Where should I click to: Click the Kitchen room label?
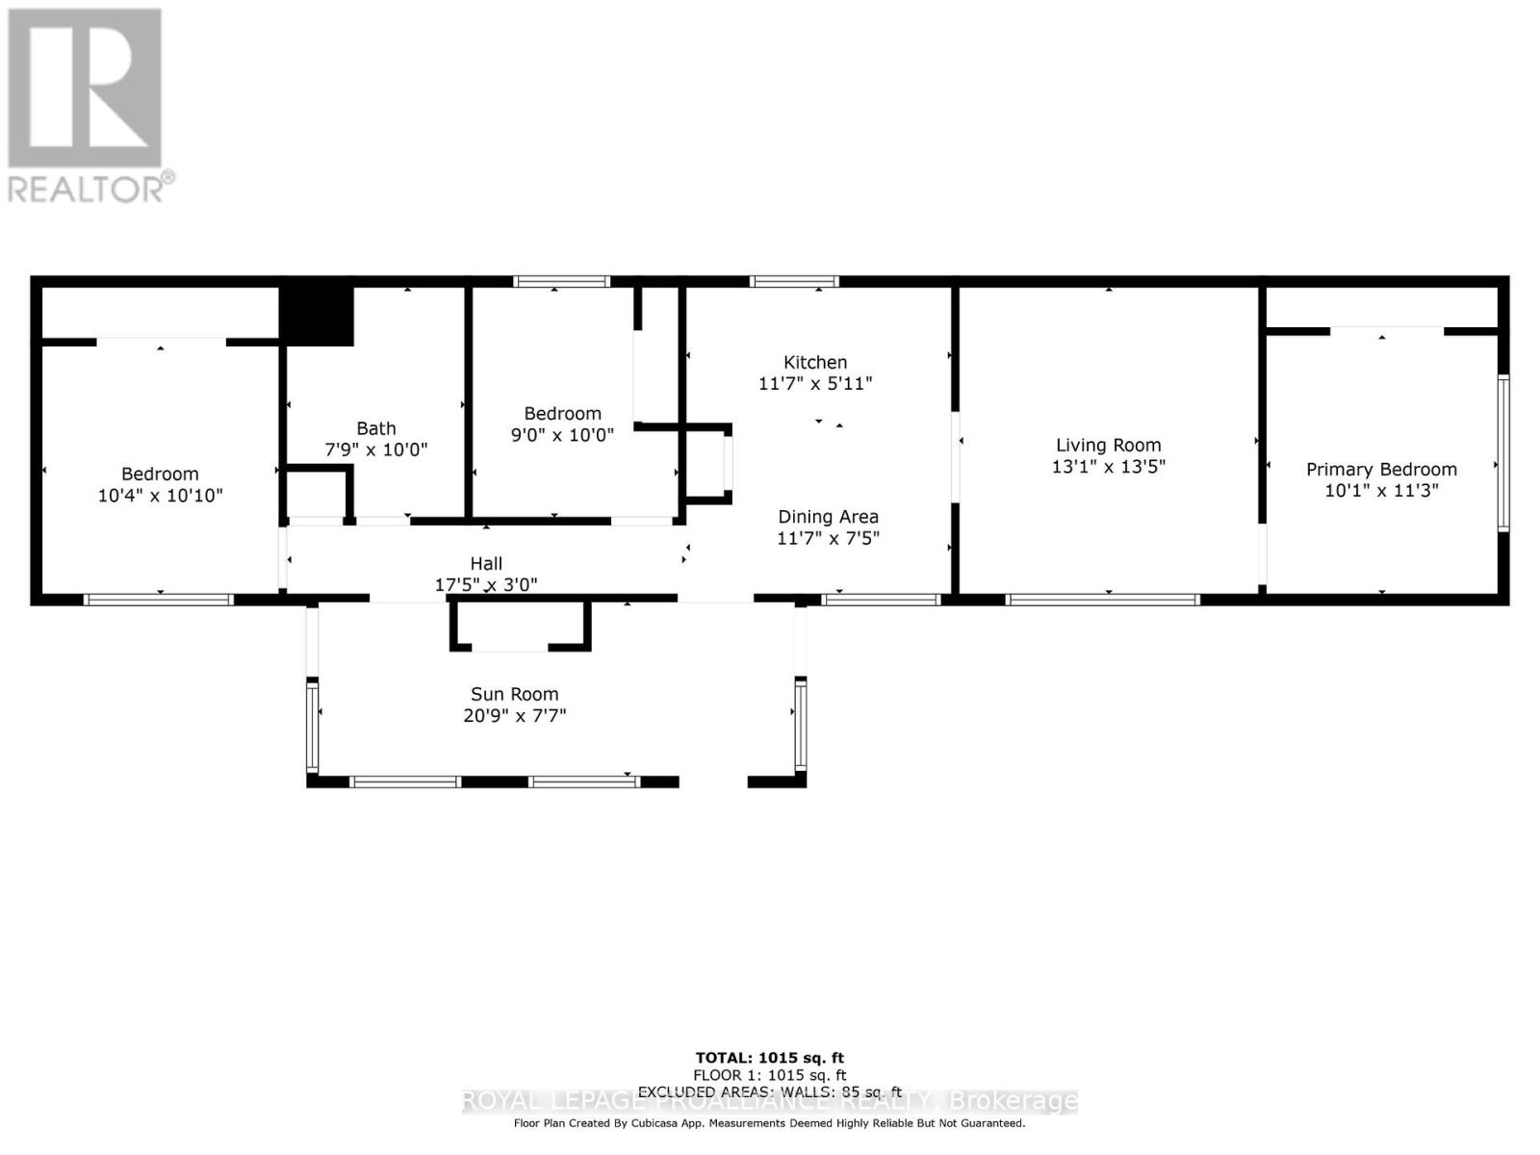coord(815,362)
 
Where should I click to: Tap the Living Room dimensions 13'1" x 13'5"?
coord(1108,467)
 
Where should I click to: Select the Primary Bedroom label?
coord(1381,469)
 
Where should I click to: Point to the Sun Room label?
coord(514,694)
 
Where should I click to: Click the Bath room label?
coord(375,428)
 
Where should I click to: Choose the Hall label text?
coord(486,563)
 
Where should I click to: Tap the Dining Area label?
coord(828,517)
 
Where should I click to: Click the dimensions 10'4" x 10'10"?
coord(160,496)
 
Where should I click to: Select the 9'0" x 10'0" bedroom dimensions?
coord(562,435)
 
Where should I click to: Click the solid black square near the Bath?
coord(317,315)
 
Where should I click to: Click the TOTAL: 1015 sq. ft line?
coord(769,1058)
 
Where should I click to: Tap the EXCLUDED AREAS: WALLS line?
coord(769,1092)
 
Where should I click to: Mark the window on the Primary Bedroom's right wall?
coord(1502,452)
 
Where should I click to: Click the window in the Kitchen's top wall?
coord(794,281)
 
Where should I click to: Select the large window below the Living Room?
coord(1102,600)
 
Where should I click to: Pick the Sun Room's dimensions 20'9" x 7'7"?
coord(514,716)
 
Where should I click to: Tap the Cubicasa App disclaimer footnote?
coord(769,1123)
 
